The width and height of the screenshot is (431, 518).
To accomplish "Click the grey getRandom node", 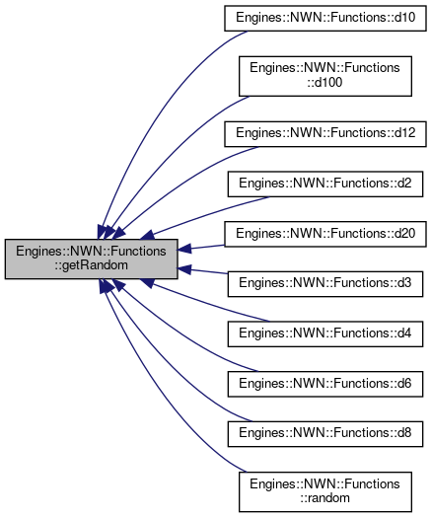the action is click(x=91, y=259).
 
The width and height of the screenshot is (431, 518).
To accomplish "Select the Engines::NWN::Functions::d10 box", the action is click(x=325, y=18).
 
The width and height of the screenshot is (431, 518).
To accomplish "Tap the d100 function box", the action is click(x=325, y=76).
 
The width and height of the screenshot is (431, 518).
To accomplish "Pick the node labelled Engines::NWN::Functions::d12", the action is click(x=325, y=134).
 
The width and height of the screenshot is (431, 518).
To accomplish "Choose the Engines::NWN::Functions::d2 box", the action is click(x=325, y=184).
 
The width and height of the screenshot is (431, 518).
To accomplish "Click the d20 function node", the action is click(x=325, y=234).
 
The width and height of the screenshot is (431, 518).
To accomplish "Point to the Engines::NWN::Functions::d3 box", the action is click(x=325, y=284).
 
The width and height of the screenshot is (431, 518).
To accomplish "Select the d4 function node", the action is click(x=325, y=334).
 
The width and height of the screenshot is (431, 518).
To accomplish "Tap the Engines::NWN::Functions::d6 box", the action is click(x=325, y=384).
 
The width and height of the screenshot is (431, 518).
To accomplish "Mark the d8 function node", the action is click(x=325, y=434).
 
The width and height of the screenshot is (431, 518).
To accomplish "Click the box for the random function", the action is click(x=325, y=492).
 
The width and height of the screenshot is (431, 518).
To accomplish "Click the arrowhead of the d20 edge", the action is click(x=184, y=249).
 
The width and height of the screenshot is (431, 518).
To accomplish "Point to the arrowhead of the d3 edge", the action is click(x=184, y=269).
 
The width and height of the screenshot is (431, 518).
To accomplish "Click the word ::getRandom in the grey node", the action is click(x=91, y=265).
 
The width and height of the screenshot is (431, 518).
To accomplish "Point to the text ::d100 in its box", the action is click(x=324, y=83).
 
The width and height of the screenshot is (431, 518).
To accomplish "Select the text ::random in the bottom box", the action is click(x=324, y=498).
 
